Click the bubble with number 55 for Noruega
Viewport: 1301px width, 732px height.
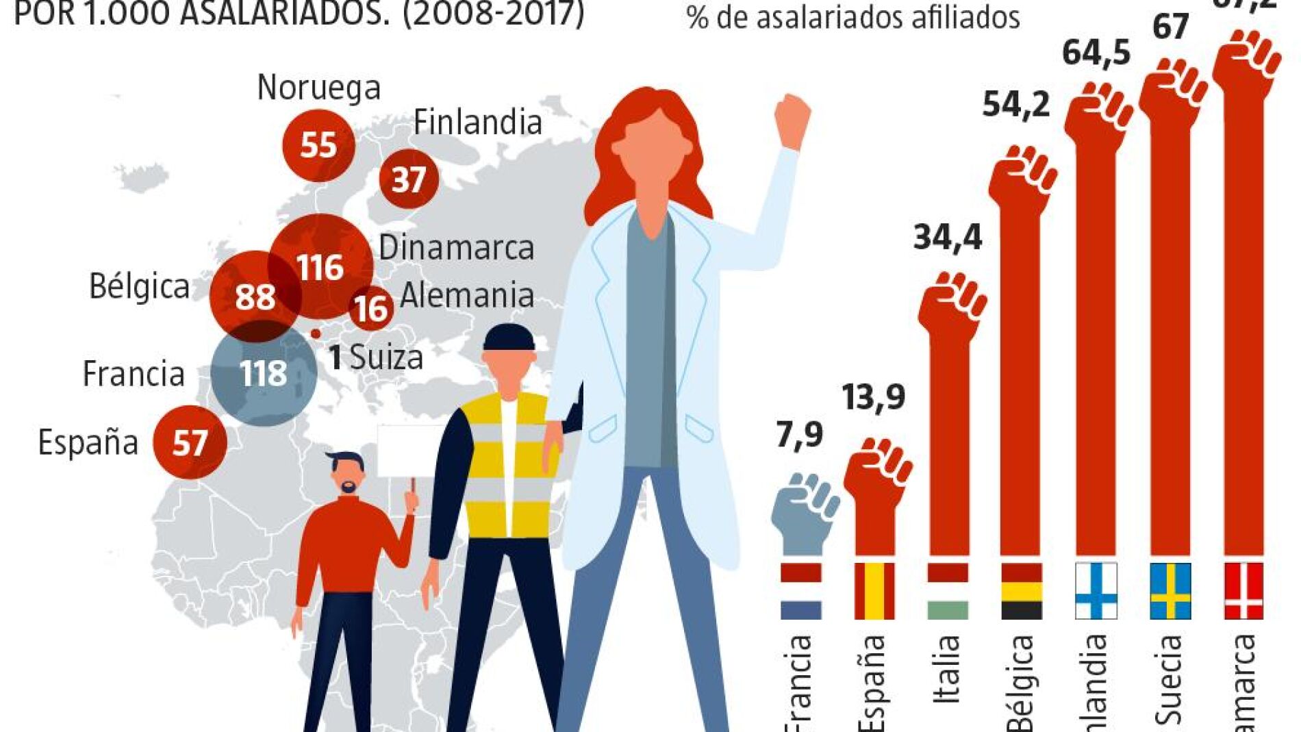tap(318, 144)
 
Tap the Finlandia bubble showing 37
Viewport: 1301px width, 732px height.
tap(409, 179)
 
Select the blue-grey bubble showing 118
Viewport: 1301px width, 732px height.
tap(264, 374)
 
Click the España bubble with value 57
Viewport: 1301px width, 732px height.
tap(190, 442)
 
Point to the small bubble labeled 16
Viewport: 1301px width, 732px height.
tap(371, 308)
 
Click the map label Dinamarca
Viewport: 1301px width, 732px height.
tap(456, 248)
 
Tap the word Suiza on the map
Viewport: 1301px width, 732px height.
tap(387, 357)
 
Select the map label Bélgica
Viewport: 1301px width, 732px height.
tap(140, 286)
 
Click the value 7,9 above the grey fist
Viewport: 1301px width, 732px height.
tap(799, 434)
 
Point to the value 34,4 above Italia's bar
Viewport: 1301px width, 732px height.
tap(948, 238)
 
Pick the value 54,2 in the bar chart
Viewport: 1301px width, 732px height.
tap(1016, 105)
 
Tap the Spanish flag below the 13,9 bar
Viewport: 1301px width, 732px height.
tap(874, 591)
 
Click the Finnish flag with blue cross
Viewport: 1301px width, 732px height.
tap(1096, 591)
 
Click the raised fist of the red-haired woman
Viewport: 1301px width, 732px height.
tap(792, 120)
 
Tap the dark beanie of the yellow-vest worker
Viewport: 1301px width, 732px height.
tap(509, 339)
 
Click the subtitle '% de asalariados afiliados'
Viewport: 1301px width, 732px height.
tap(853, 17)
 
